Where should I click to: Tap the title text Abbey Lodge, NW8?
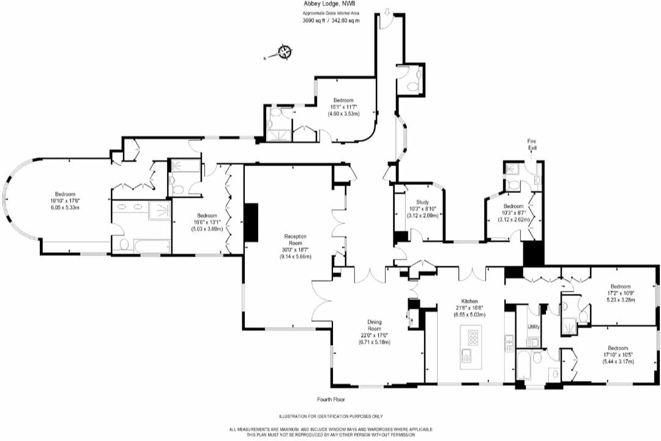tap(330, 4)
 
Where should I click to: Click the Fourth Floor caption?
tap(331, 399)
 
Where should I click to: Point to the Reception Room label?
tap(295, 239)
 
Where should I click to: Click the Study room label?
tap(422, 202)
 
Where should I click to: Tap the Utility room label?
tap(534, 326)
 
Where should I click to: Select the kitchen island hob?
tap(472, 337)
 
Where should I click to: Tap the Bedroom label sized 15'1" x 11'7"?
tap(343, 100)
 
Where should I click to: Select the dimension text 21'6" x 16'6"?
tap(469, 307)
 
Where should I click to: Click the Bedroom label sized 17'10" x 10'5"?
tap(618, 347)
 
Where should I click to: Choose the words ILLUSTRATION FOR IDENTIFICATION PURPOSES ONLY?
tap(330, 417)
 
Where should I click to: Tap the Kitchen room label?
tap(469, 301)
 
